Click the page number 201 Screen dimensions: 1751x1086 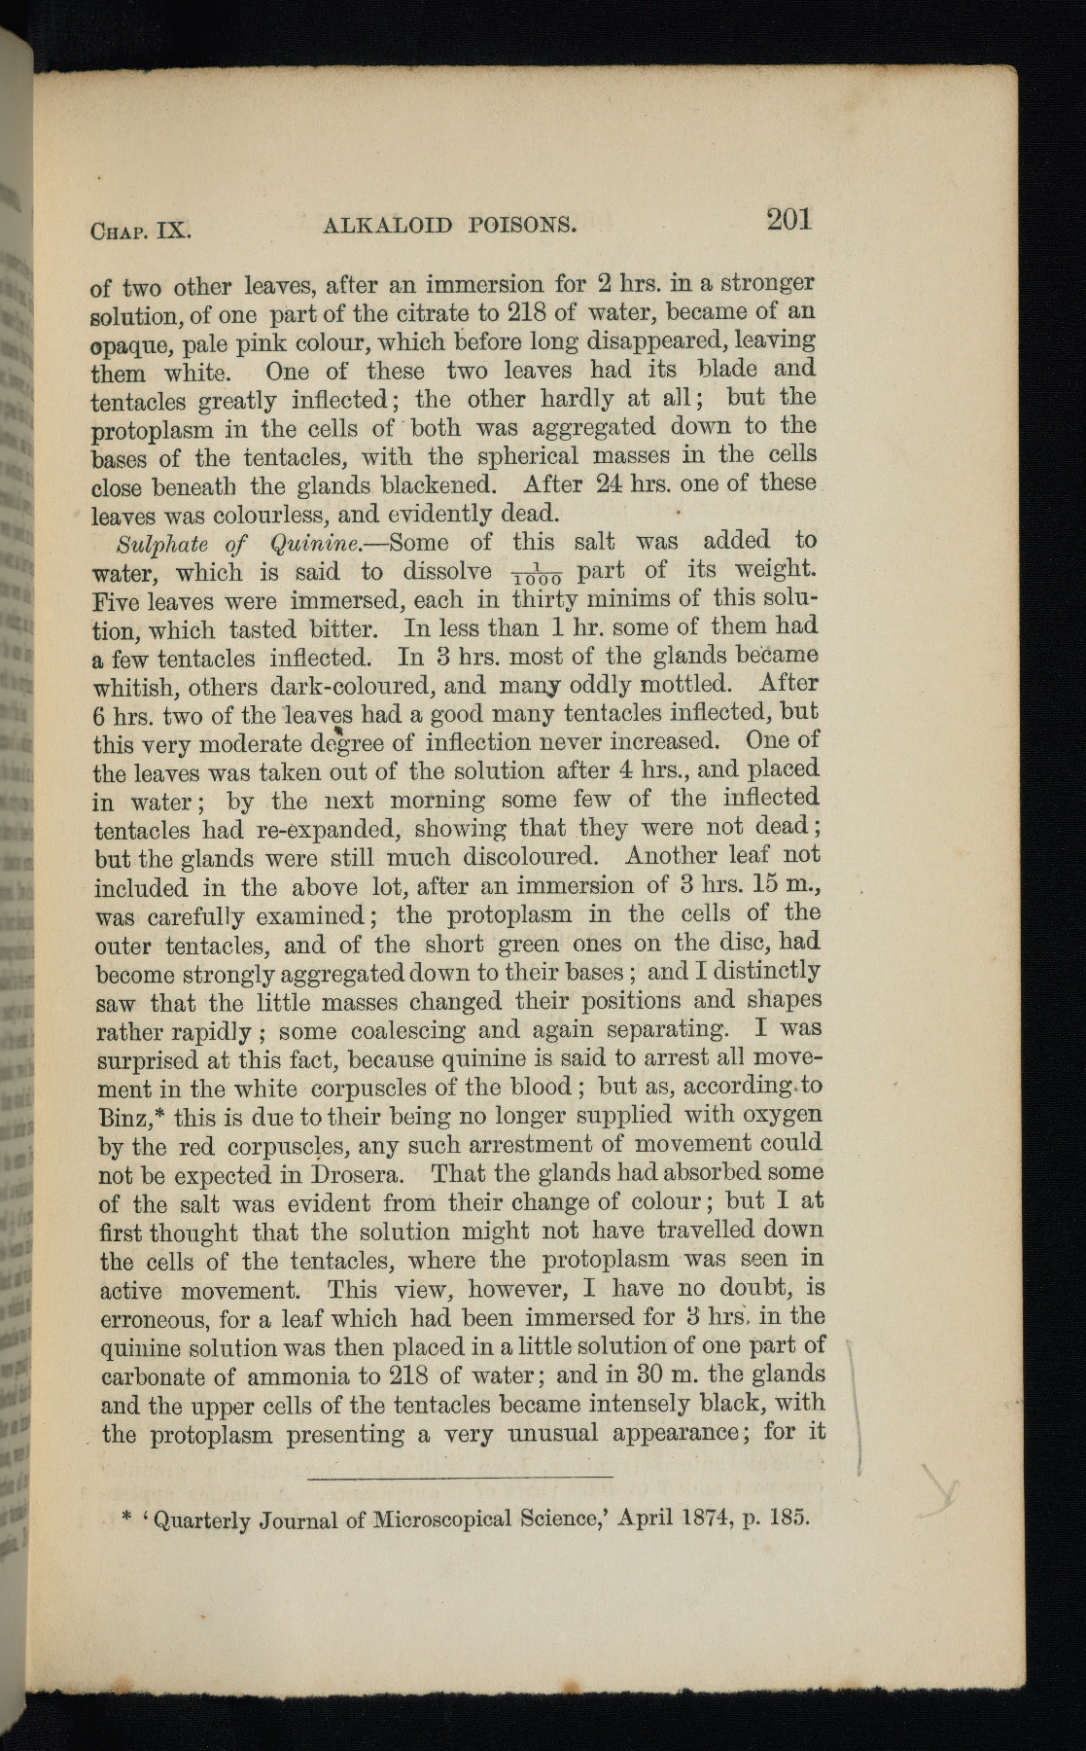click(x=788, y=220)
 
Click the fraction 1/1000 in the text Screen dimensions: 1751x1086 click(x=534, y=574)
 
